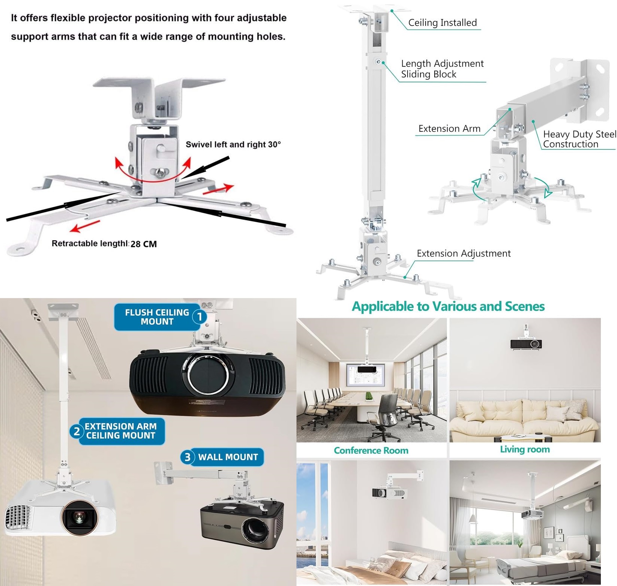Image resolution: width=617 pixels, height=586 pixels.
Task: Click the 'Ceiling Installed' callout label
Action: coord(442,23)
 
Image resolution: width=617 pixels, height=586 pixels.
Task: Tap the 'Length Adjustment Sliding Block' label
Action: coord(442,69)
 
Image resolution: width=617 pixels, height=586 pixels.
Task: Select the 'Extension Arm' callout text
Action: coord(449,129)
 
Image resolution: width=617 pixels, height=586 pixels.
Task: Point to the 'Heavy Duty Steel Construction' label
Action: coord(579,139)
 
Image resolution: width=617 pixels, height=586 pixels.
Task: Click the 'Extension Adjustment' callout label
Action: coord(464,253)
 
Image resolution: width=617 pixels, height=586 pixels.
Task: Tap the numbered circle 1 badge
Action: coord(200,317)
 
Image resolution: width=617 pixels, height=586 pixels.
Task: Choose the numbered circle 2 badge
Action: coord(77,431)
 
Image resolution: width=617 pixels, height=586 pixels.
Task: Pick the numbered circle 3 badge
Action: coord(187,457)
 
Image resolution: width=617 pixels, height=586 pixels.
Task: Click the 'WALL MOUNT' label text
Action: coord(228,457)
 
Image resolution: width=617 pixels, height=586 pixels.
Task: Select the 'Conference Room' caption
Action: coord(371,450)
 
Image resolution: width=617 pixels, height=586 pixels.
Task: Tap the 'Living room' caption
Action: coord(525,449)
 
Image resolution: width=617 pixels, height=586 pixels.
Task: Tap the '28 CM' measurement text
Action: coord(144,244)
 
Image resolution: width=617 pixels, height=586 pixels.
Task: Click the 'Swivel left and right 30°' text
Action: coord(233,145)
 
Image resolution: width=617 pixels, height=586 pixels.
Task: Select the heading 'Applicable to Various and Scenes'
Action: coord(448,306)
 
